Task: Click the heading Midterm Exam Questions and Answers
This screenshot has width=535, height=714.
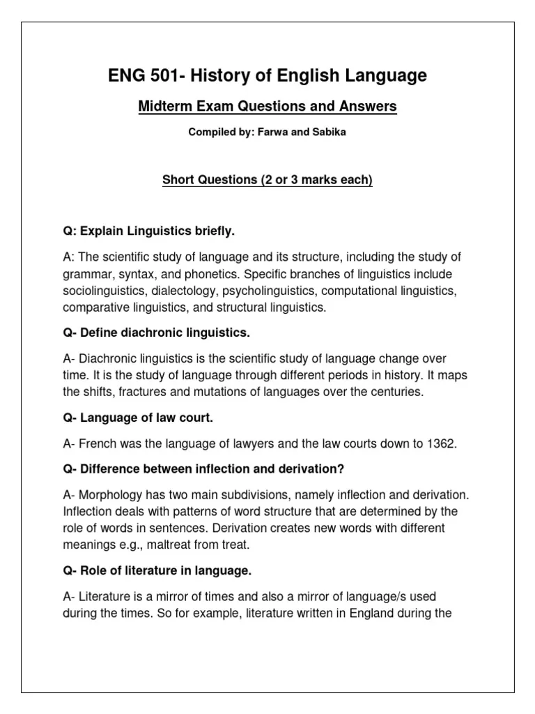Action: click(x=267, y=107)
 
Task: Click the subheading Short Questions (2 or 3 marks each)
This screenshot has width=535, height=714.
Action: click(x=267, y=181)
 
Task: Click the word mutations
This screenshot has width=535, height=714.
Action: click(x=224, y=392)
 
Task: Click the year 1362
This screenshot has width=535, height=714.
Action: click(x=442, y=443)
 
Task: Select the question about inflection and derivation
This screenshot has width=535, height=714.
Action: click(x=204, y=469)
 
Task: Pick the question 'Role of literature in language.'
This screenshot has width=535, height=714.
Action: click(x=156, y=571)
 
